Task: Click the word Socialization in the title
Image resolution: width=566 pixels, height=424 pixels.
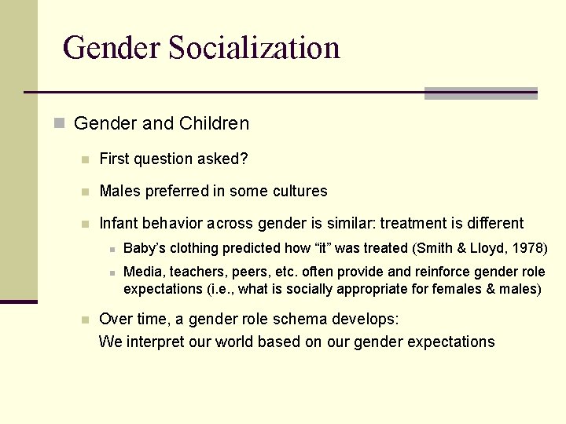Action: click(254, 48)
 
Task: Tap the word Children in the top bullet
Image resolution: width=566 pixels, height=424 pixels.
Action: click(214, 123)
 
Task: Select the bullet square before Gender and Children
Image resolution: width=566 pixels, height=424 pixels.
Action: click(58, 123)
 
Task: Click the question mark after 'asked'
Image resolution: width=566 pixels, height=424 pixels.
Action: click(244, 159)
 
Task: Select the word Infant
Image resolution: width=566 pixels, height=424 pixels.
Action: click(118, 224)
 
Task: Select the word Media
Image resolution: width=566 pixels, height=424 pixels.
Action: click(142, 272)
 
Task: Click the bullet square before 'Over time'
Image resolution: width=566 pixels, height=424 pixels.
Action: click(85, 320)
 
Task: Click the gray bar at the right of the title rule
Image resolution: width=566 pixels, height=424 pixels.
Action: click(480, 93)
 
